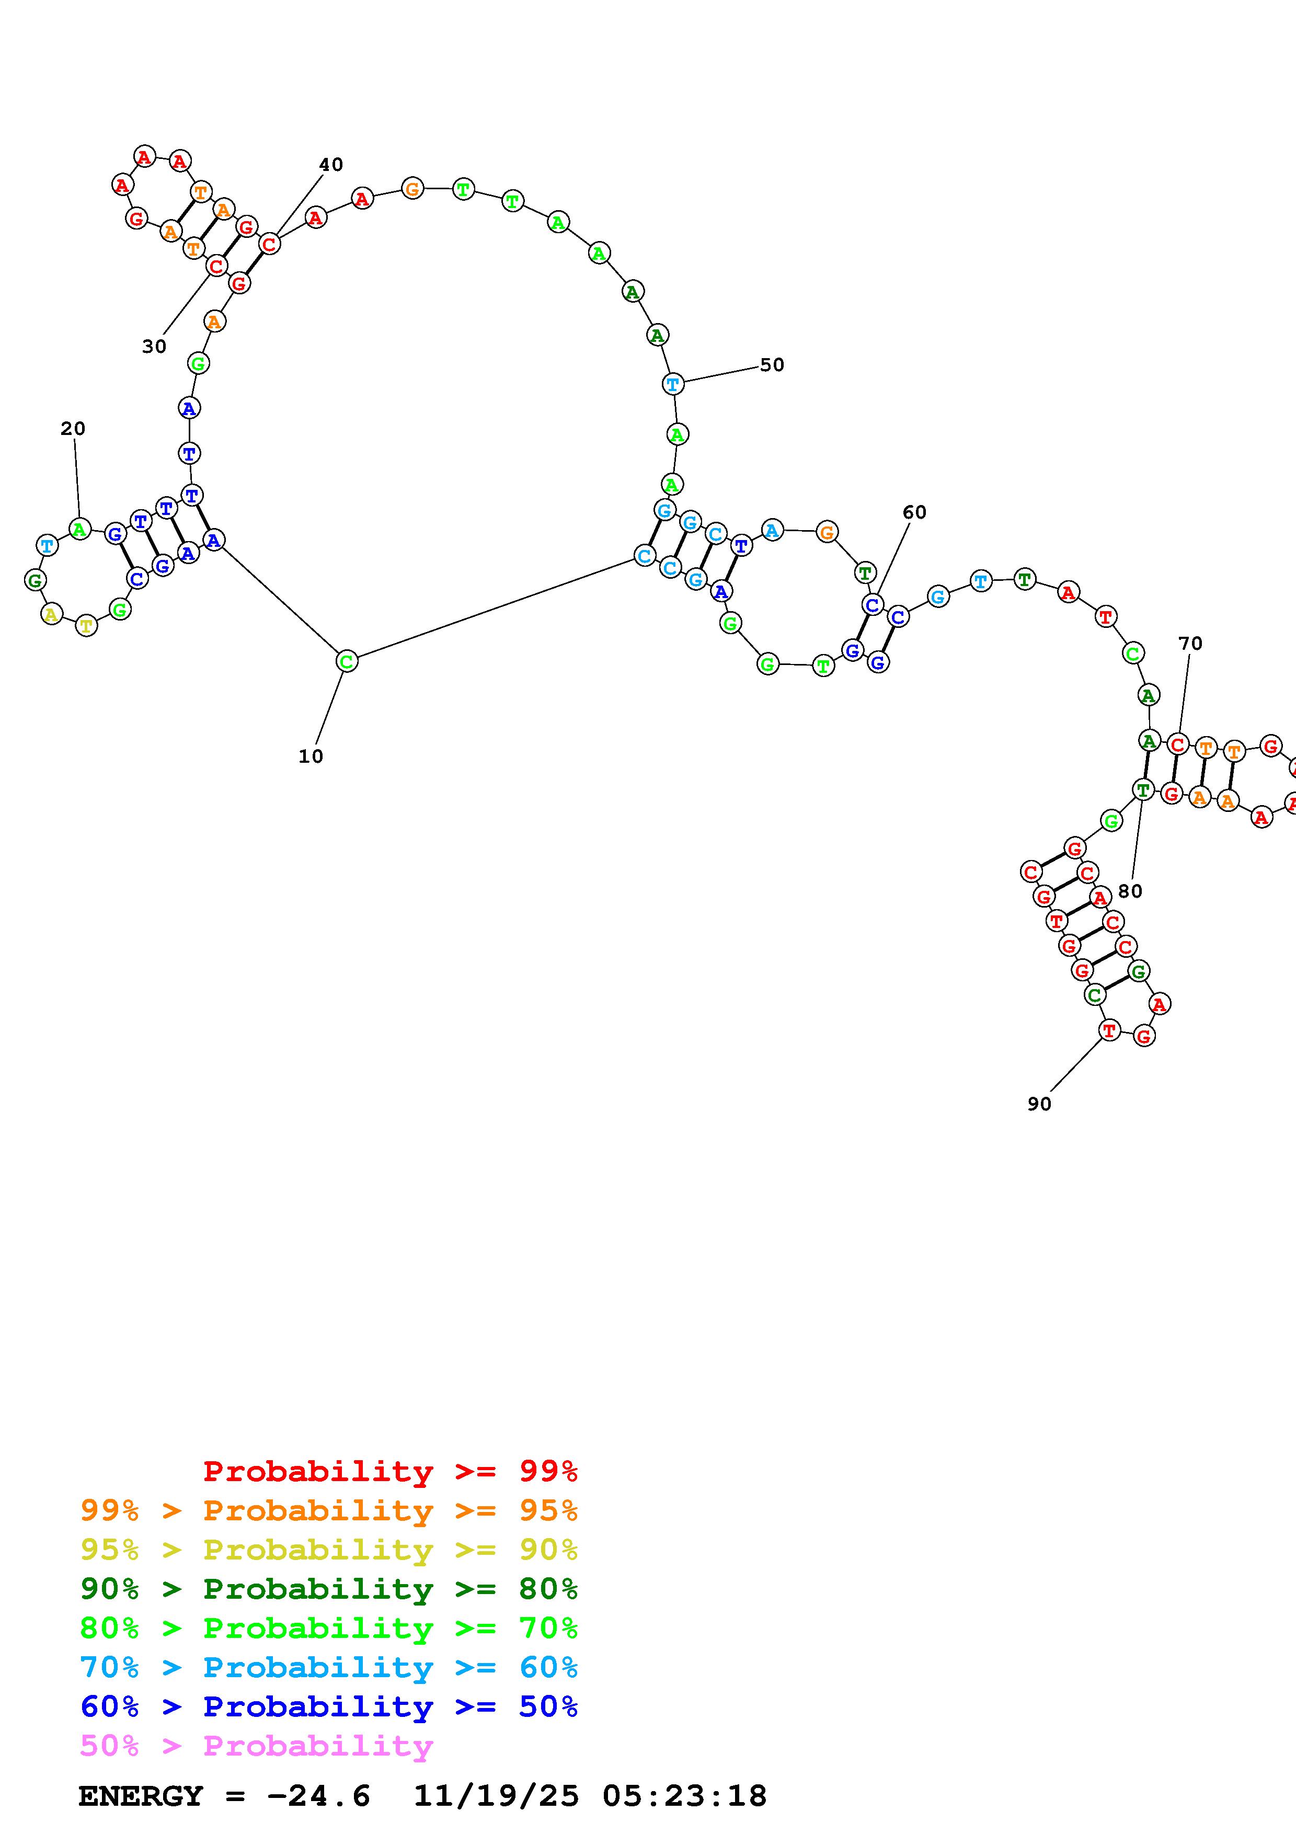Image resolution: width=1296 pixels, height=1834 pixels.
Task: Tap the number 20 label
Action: pos(73,428)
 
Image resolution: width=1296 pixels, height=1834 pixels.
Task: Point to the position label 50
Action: pos(771,364)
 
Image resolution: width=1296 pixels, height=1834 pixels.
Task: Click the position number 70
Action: pos(1190,643)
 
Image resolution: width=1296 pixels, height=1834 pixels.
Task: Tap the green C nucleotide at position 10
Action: pos(346,661)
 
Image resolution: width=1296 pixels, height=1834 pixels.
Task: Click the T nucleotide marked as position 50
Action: pos(673,384)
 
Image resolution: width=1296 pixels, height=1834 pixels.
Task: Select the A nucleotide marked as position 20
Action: pos(79,528)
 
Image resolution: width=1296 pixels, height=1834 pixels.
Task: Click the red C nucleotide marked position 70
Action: pos(1177,744)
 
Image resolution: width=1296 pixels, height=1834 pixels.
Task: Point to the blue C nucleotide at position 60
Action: pos(872,605)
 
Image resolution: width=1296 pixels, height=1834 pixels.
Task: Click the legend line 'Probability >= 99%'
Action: pos(391,1471)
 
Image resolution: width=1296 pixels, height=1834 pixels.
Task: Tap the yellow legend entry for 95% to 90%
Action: pos(328,1549)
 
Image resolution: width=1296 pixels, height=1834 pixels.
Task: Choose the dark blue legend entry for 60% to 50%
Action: pos(328,1706)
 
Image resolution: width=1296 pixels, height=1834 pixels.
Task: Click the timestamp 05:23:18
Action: pos(684,1796)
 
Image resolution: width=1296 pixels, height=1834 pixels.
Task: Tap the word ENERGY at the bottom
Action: pos(141,1796)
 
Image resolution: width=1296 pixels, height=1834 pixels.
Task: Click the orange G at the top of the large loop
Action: pos(412,189)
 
